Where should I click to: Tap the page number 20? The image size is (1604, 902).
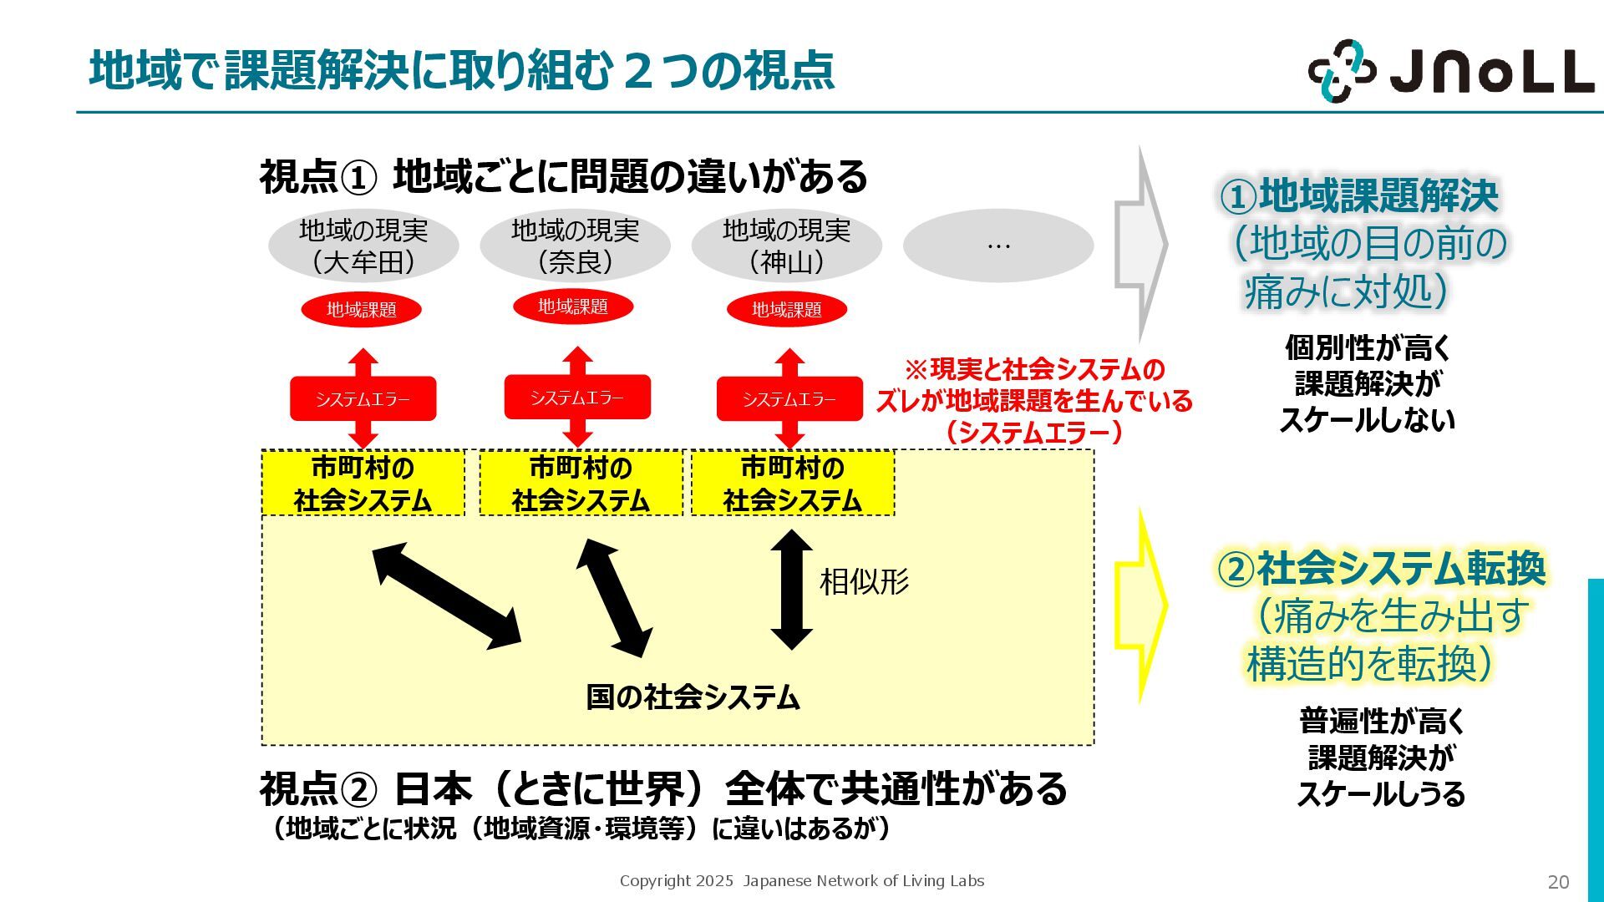pos(1558,882)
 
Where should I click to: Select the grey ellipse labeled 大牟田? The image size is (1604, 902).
pos(363,246)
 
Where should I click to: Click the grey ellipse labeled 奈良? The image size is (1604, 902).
pos(575,246)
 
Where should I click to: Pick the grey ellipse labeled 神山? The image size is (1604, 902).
pos(786,246)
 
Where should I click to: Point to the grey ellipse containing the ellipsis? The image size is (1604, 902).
pos(998,246)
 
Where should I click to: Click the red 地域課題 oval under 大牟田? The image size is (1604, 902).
pos(361,310)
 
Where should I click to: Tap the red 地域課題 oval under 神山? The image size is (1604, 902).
pos(787,310)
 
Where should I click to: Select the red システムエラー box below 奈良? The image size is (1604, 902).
pos(577,398)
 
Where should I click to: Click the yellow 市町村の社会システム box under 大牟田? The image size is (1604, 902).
pos(363,484)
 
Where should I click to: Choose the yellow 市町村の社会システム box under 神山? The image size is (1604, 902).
pos(793,484)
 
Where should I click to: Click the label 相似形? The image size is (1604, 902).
pos(864,582)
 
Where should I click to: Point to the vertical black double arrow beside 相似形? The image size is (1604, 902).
pos(791,590)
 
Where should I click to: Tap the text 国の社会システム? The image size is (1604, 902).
pos(693,697)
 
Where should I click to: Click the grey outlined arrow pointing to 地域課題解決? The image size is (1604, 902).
pos(1140,246)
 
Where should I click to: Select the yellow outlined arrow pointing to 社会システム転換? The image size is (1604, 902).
pos(1140,606)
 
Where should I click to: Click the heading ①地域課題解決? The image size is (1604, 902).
pos(1359,196)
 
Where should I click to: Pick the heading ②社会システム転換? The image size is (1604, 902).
pos(1381,569)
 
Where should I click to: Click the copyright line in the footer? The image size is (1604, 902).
pos(802,881)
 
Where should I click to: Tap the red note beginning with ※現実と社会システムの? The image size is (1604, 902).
pos(1034,401)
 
